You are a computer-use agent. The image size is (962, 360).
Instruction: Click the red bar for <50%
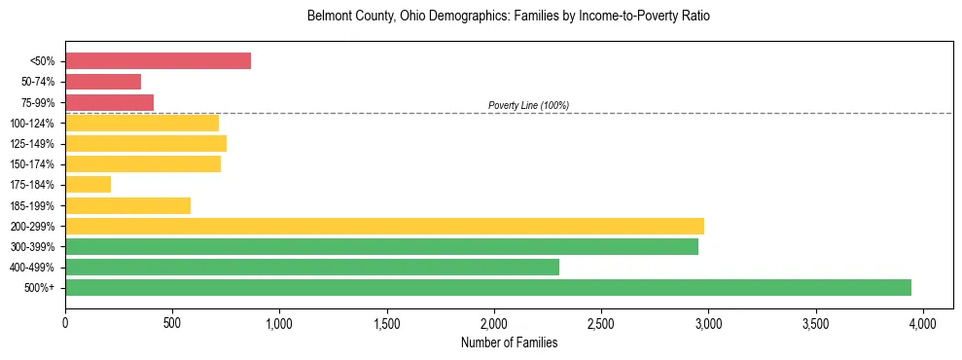click(158, 61)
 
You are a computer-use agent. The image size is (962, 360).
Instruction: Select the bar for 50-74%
click(103, 82)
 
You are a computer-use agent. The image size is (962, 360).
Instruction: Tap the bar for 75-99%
click(109, 102)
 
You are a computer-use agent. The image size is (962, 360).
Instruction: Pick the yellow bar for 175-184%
click(88, 184)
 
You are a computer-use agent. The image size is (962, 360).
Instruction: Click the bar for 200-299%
click(384, 226)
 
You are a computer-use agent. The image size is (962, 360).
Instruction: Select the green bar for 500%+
click(487, 287)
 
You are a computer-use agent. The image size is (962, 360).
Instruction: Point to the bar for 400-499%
click(311, 267)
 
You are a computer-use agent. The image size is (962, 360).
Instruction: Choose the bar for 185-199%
click(127, 205)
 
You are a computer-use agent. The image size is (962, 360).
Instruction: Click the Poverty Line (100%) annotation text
click(528, 105)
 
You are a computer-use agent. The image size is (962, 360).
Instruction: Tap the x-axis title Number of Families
click(509, 342)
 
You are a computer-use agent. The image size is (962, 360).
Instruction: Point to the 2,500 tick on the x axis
click(601, 322)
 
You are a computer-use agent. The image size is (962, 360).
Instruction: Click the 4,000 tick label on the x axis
click(923, 322)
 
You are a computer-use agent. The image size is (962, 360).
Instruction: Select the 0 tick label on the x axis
click(65, 322)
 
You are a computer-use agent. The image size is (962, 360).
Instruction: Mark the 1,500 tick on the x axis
click(387, 322)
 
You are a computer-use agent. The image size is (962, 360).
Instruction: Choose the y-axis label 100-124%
click(32, 124)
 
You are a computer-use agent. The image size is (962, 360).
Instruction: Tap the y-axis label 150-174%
click(32, 164)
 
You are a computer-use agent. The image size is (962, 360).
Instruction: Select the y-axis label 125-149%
click(32, 144)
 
